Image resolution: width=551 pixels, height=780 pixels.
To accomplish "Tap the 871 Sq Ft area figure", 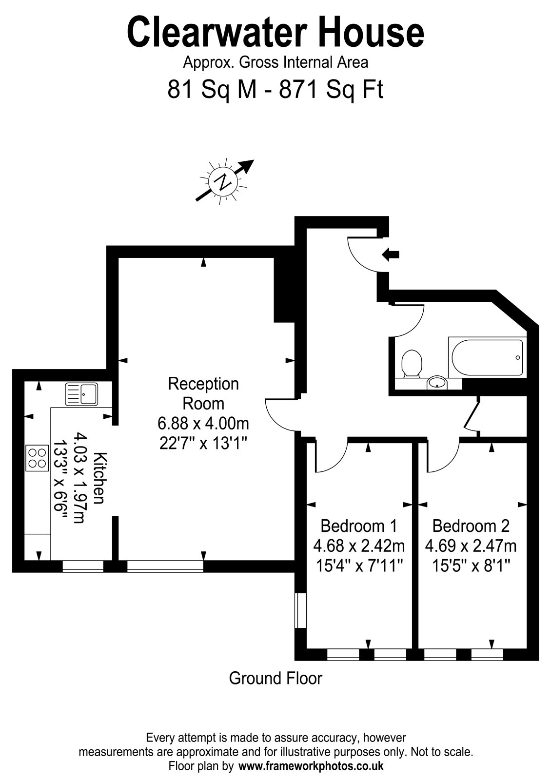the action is [x=331, y=89].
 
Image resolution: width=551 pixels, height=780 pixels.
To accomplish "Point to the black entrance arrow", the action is [x=391, y=254].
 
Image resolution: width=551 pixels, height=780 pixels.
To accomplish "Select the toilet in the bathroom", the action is [x=412, y=363].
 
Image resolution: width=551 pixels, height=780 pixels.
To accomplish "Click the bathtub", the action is [x=487, y=357].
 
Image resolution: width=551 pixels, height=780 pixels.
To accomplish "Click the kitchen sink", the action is [x=81, y=394].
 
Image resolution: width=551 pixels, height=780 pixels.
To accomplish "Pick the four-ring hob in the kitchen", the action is [x=37, y=458].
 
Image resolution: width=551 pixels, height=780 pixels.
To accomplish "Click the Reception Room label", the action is [x=203, y=394].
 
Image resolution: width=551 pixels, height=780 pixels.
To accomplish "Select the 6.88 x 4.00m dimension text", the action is [x=203, y=424].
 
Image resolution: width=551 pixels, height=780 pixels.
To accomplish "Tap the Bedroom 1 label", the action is [x=359, y=526].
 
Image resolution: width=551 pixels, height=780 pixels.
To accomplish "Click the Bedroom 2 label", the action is [x=471, y=526].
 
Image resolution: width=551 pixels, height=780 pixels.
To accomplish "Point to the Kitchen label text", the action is [x=100, y=478].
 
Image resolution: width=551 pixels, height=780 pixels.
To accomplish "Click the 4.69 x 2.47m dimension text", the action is [x=471, y=546].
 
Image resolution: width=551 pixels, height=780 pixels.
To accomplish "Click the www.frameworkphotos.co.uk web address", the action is [x=311, y=766].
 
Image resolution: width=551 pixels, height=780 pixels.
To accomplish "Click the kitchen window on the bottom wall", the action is [x=83, y=566].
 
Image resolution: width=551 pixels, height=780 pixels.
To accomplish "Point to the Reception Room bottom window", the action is [x=165, y=566].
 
